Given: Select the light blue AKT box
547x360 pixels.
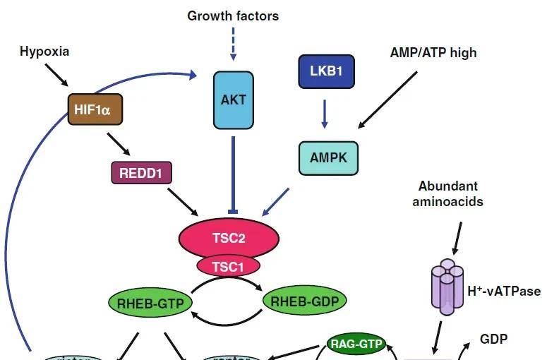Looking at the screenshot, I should click(x=234, y=100).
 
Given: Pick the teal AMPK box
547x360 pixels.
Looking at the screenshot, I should click(x=329, y=157).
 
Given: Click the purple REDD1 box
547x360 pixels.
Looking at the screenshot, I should click(x=141, y=172).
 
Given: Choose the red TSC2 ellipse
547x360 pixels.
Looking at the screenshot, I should click(x=229, y=238).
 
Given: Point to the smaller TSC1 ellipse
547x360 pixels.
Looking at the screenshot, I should click(x=228, y=265).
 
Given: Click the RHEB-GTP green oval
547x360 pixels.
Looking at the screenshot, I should click(x=151, y=304).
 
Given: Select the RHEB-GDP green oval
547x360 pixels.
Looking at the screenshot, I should click(x=305, y=301).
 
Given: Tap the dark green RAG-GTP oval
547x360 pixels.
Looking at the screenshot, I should click(x=357, y=344).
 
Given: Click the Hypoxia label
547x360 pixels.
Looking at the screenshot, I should click(x=44, y=51).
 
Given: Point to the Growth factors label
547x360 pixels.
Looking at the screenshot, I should click(x=233, y=15).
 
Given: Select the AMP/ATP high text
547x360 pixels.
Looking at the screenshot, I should click(x=433, y=52).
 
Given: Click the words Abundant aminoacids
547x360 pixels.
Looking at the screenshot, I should click(x=448, y=193).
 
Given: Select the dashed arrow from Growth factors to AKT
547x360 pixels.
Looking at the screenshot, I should click(x=233, y=44).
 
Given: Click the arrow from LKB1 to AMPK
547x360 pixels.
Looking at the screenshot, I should click(x=325, y=114).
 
